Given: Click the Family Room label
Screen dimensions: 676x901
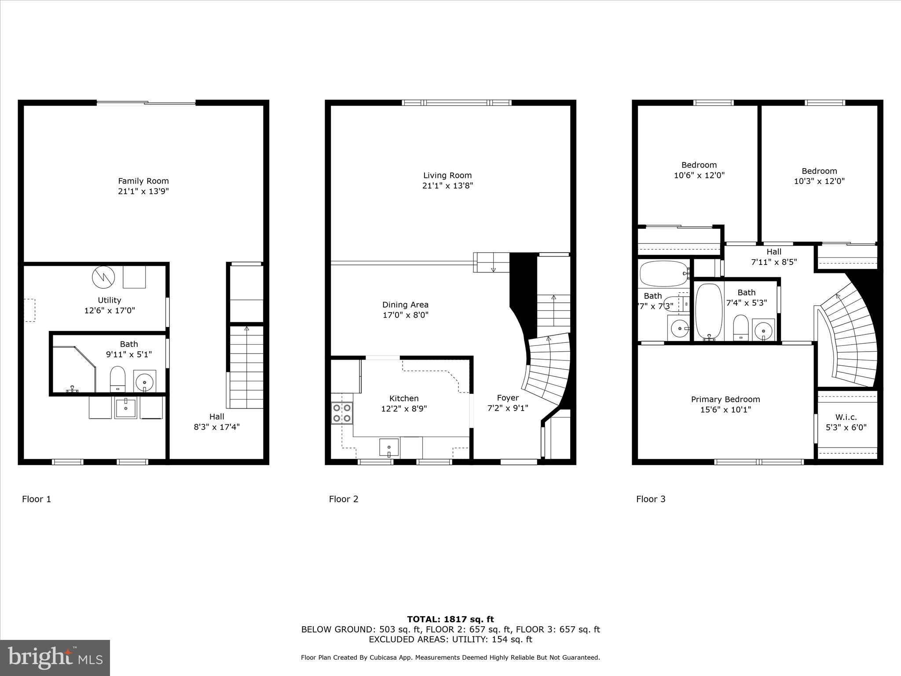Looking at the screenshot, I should [143, 181].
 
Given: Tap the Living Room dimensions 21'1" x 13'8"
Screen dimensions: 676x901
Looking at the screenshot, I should [447, 186].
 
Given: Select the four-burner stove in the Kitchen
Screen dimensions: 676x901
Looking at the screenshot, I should [342, 413].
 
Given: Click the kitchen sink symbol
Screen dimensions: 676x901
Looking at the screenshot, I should [389, 447].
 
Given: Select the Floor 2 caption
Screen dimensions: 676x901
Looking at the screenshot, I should [344, 499].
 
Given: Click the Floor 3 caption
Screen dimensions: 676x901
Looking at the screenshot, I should [651, 499].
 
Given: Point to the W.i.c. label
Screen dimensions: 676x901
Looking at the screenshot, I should [846, 417].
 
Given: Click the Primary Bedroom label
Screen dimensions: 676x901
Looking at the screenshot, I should [725, 399].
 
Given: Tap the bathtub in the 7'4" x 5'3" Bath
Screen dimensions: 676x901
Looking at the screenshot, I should [709, 312].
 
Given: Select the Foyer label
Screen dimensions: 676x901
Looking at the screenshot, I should [508, 398].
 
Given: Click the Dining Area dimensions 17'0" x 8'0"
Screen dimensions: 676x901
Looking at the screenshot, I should [405, 315].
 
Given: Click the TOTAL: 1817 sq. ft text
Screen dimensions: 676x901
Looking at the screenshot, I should [450, 619].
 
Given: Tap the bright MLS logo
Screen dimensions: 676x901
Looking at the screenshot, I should [55, 658].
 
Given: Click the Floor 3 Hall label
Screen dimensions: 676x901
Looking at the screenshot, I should [774, 252].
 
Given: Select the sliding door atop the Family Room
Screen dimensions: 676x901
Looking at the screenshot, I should [146, 103].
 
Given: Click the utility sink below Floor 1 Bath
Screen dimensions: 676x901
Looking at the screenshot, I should [126, 408].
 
